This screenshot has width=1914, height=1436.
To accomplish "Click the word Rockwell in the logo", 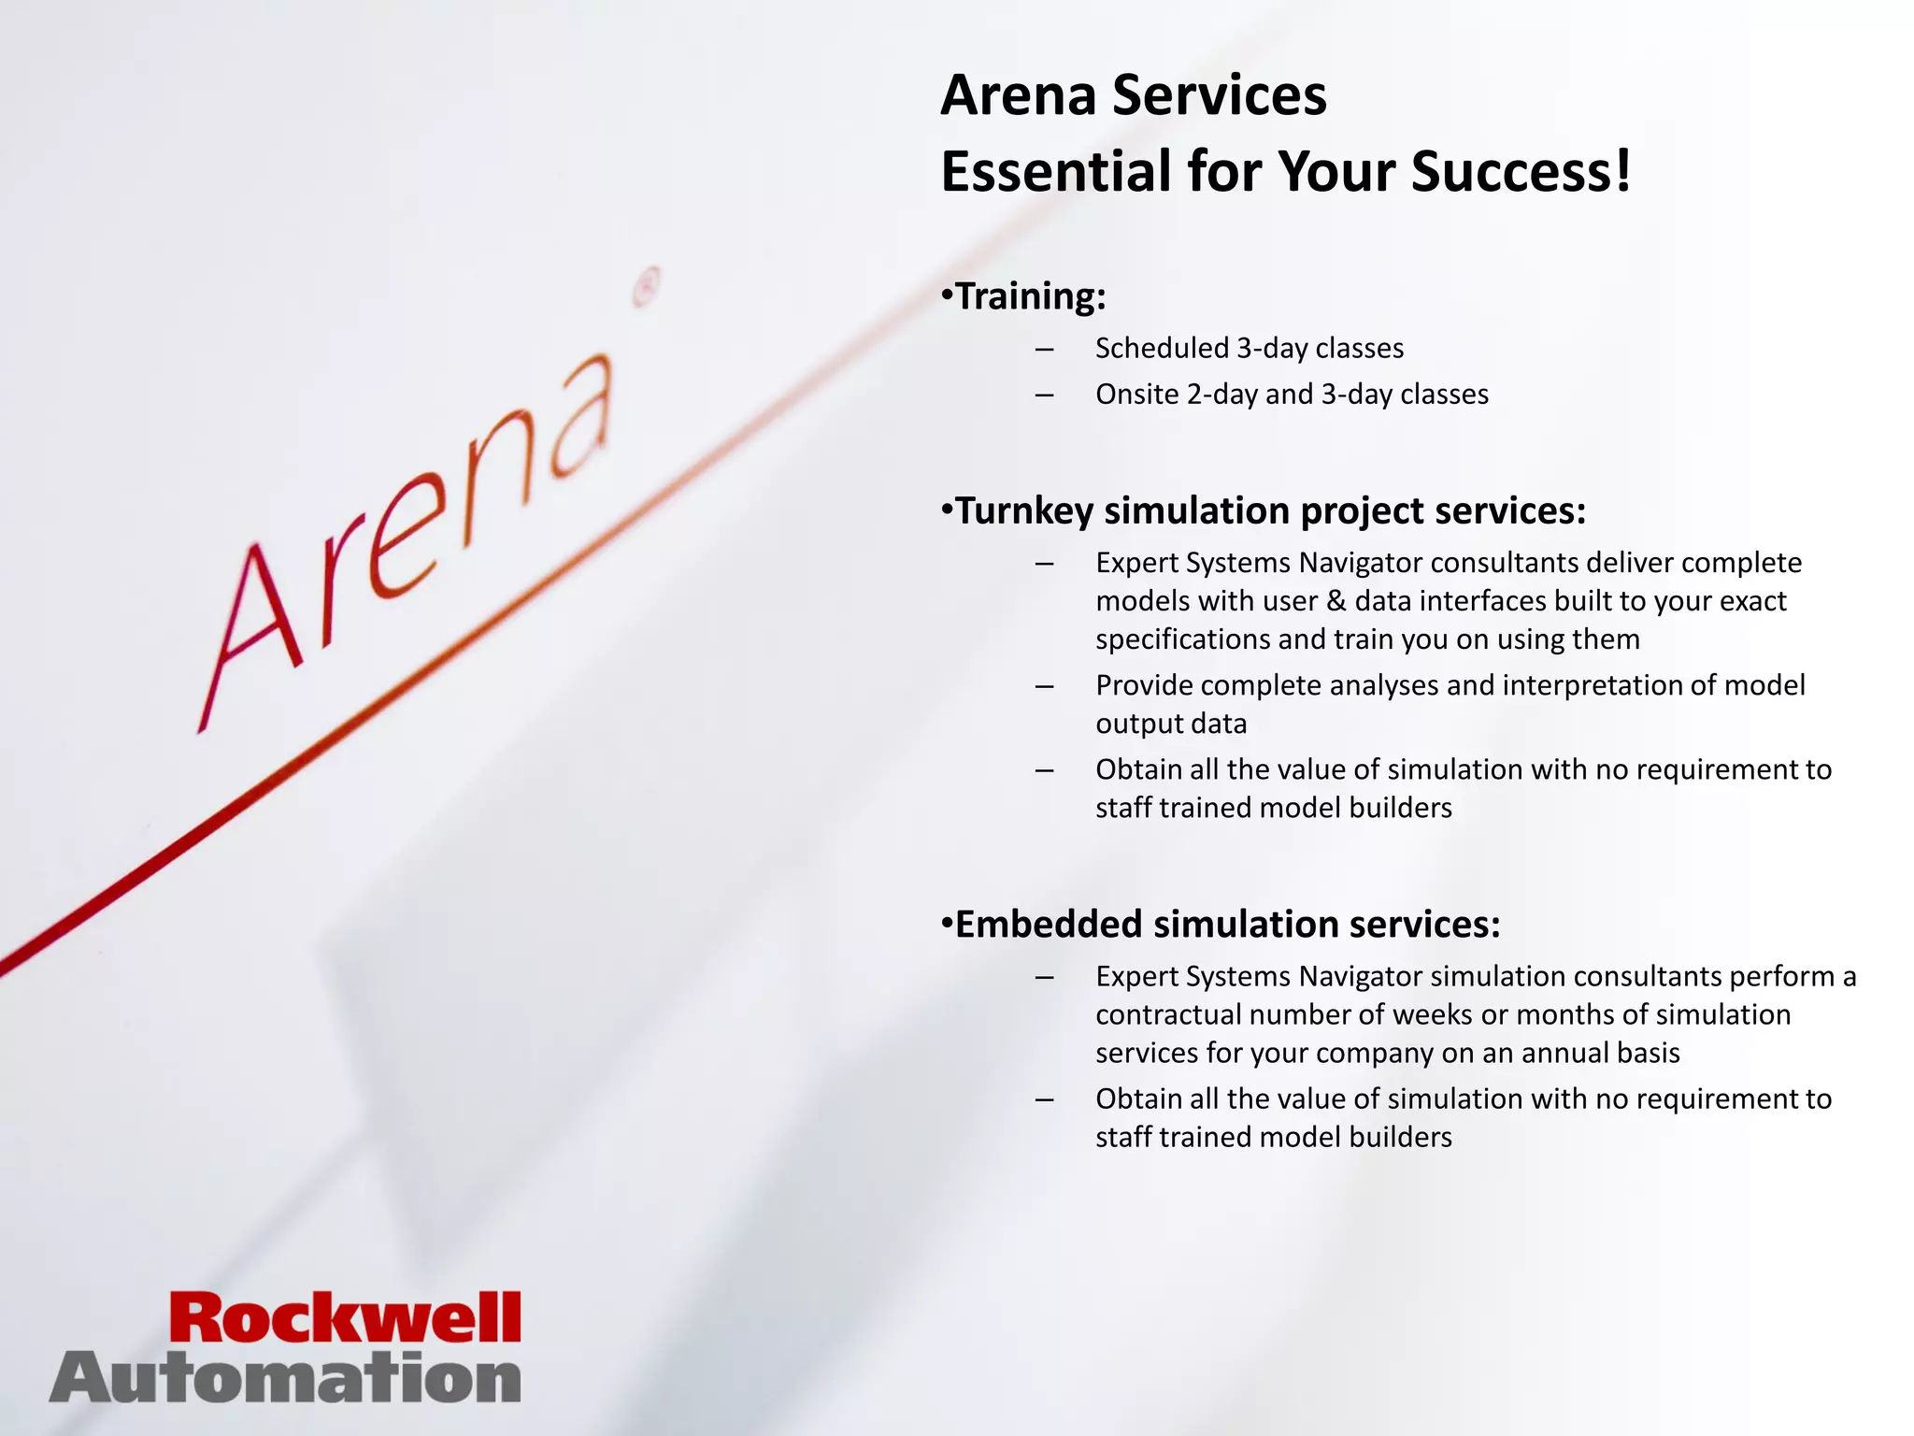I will pyautogui.click(x=345, y=1318).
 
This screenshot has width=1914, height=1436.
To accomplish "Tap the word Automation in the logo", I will pyautogui.click(x=285, y=1379).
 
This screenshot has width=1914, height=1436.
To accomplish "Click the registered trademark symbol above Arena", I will pyautogui.click(x=646, y=287).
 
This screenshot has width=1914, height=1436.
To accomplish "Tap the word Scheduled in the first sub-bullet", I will pyautogui.click(x=1162, y=349).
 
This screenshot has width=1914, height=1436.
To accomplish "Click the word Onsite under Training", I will pyautogui.click(x=1136, y=395).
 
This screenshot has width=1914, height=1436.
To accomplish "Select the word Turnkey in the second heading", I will pyautogui.click(x=1023, y=511).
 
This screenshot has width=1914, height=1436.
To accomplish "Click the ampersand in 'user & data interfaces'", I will pyautogui.click(x=1336, y=601).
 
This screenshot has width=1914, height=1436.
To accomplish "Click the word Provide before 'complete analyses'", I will pyautogui.click(x=1144, y=685).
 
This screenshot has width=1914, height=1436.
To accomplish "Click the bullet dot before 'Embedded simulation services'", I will pyautogui.click(x=947, y=924).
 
